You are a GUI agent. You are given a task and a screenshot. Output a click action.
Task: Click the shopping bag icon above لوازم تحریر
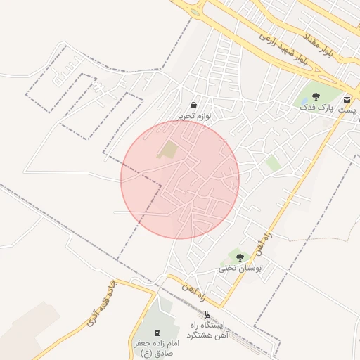pos(193,105)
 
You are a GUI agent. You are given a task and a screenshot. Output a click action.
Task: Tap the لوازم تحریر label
pos(193,115)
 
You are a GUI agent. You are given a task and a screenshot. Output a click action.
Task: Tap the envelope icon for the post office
pos(347,99)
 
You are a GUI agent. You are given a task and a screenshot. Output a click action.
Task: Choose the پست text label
pos(347,110)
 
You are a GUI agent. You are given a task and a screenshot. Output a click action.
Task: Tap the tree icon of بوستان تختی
pos(240,257)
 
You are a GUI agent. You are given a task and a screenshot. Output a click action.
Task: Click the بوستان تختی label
pos(240,268)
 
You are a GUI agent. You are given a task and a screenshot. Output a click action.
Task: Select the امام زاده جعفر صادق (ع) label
pos(157,347)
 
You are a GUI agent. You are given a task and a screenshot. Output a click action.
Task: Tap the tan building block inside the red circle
pos(168,149)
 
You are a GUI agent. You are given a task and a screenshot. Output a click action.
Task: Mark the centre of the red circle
pos(180,179)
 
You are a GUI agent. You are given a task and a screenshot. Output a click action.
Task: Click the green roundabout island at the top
pos(194,12)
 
